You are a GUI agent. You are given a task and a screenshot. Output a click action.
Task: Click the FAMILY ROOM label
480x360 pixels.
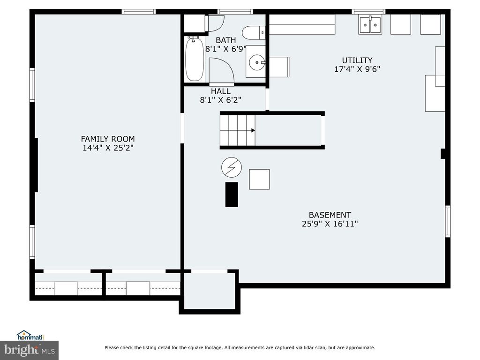(108, 139)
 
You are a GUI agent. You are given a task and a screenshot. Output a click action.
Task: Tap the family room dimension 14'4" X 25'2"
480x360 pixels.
(108, 148)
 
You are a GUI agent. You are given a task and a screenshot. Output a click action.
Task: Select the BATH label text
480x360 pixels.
(225, 40)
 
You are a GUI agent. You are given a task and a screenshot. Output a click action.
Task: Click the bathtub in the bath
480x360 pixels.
(195, 60)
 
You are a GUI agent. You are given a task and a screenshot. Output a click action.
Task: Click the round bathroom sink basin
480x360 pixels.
(256, 61)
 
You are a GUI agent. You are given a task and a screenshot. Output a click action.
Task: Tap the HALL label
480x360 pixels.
(220, 91)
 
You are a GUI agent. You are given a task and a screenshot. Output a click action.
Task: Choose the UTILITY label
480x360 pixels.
(357, 60)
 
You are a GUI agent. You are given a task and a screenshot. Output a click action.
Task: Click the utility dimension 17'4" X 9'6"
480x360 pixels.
(357, 69)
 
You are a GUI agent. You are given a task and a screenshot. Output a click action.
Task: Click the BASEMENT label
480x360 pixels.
(330, 215)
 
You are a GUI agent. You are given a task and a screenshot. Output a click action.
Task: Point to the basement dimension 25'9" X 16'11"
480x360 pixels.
(330, 224)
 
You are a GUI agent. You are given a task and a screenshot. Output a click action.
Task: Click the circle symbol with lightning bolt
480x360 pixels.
(232, 166)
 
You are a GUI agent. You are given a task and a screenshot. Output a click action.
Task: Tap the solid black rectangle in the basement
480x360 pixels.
(232, 195)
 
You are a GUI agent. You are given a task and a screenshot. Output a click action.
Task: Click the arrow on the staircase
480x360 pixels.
(253, 130)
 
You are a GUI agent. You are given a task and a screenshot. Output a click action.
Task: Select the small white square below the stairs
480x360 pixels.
(259, 179)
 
